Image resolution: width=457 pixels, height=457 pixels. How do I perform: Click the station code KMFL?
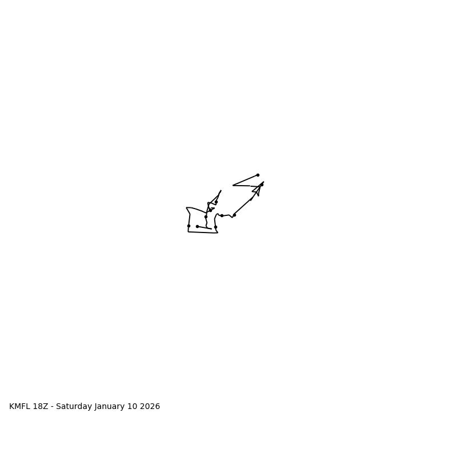[x=21, y=407]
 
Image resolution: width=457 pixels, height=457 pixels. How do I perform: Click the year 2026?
[x=151, y=407]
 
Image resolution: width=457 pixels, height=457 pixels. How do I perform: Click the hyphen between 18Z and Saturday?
[x=53, y=407]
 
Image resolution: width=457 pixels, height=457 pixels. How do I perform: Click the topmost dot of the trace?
[x=258, y=175]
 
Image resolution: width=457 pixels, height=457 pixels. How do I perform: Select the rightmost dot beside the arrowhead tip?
[x=262, y=185]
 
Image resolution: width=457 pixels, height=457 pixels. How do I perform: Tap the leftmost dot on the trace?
[x=189, y=226]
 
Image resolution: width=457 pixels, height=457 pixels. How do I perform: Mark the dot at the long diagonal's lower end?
[x=234, y=215]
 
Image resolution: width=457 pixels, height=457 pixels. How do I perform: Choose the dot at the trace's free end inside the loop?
[x=197, y=226]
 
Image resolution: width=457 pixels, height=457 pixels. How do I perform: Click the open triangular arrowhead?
[x=257, y=190]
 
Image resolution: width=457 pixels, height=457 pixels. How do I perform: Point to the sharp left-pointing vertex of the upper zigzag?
[x=233, y=185]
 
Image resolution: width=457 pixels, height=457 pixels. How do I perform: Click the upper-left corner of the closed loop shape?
[x=187, y=208]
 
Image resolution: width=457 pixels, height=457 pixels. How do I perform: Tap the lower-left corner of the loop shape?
[x=188, y=231]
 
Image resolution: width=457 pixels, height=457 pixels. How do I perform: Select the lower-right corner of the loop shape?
[x=217, y=232]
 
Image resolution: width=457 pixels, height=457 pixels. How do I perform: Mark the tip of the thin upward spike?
[x=221, y=191]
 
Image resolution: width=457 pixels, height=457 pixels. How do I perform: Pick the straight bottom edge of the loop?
[x=202, y=232]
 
